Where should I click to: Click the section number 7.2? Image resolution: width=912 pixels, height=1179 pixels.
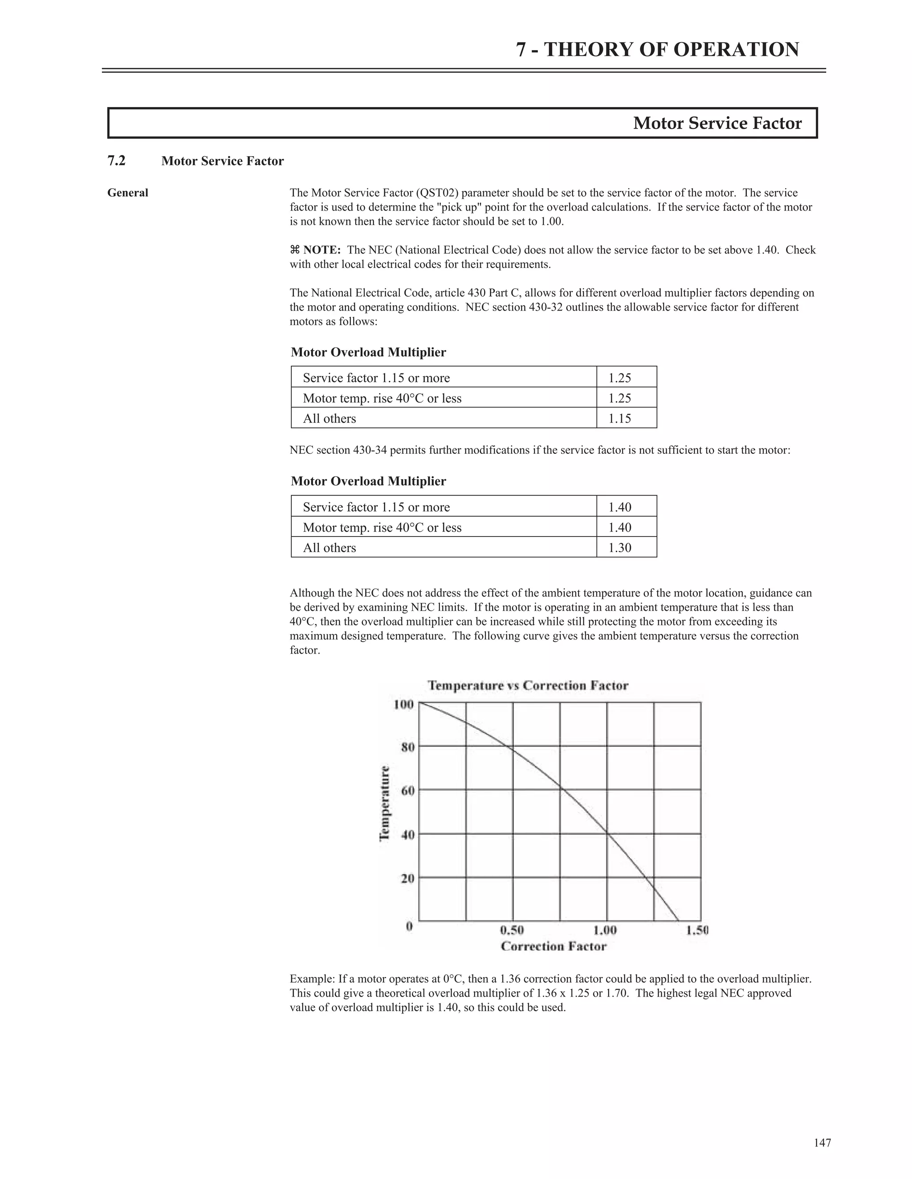(x=117, y=161)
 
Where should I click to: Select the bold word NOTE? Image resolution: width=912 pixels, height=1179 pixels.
(x=322, y=250)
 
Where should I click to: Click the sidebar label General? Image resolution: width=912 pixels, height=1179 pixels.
(x=127, y=193)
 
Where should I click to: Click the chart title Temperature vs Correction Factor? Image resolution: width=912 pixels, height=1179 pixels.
(x=528, y=686)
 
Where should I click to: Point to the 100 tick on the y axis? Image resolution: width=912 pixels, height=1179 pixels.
(x=403, y=704)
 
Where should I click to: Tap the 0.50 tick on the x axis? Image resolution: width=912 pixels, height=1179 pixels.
(x=512, y=930)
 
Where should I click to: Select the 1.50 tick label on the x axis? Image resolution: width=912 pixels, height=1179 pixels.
(x=697, y=930)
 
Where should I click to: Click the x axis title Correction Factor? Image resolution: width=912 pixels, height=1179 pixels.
(x=553, y=946)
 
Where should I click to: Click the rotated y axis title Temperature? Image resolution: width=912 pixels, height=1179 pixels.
(x=385, y=803)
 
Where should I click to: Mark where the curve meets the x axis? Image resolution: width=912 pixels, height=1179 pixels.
(x=679, y=921)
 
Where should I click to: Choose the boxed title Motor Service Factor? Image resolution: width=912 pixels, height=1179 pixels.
(x=717, y=123)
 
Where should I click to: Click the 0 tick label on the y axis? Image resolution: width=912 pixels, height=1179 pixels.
(x=410, y=926)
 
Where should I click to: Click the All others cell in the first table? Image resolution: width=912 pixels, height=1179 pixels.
(x=329, y=418)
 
